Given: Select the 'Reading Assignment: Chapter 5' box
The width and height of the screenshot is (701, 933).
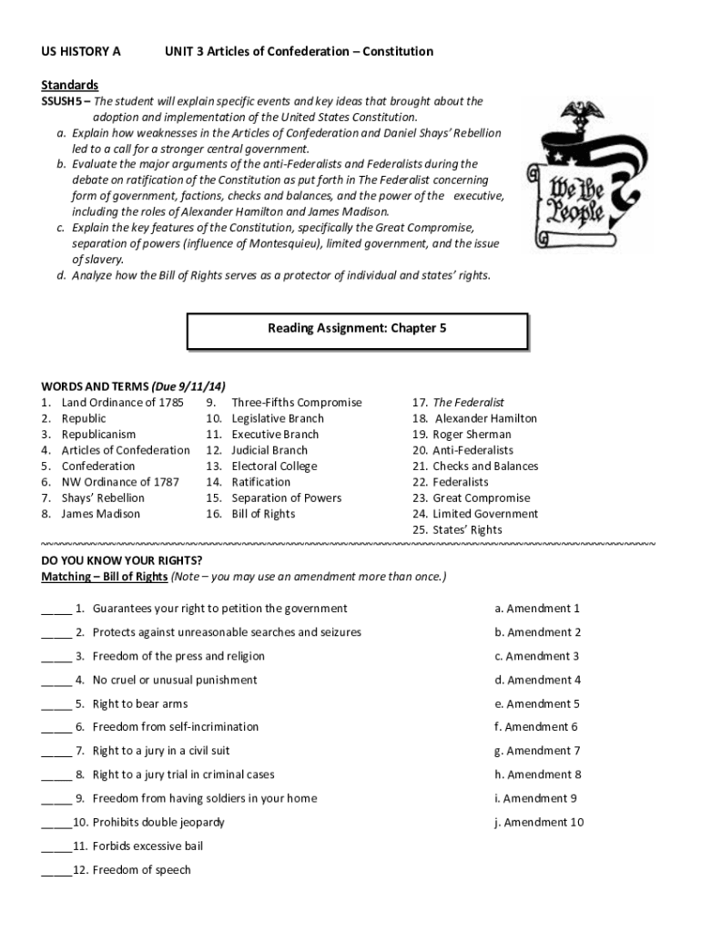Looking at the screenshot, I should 357,331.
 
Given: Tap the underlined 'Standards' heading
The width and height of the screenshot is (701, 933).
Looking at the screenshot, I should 69,85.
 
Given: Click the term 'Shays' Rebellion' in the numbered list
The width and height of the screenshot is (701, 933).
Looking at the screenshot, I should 102,497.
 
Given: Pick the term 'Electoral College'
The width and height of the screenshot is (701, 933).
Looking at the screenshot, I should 274,466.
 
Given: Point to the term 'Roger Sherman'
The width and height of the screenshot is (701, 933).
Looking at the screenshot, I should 472,435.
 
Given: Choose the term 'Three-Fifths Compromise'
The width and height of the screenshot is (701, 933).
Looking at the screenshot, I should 296,403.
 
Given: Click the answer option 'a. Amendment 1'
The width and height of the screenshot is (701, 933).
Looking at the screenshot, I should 537,609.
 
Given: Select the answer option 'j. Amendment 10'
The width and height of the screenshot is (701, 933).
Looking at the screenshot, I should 539,822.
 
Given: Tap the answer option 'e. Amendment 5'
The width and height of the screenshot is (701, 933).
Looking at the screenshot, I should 537,703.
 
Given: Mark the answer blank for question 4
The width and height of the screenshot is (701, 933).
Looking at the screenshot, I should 56,681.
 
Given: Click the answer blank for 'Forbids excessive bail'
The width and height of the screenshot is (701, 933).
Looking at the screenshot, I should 56,846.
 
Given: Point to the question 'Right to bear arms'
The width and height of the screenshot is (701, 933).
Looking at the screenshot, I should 140,703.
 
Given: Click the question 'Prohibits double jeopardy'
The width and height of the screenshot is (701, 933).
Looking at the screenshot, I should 158,822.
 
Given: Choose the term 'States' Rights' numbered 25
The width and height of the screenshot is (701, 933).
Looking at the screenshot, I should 467,529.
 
